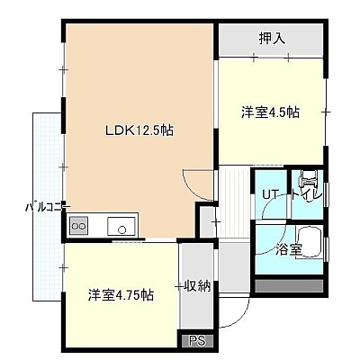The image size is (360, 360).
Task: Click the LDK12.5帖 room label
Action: tap(139, 130)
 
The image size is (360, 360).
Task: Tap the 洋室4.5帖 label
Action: tap(270, 112)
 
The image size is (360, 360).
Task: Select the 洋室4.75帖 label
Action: tap(121, 295)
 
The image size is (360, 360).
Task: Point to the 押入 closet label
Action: tap(272, 39)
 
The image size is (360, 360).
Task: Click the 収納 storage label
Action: tap(197, 286)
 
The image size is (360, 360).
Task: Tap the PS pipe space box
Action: tap(198, 341)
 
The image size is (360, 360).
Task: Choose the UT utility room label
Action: tap(270, 195)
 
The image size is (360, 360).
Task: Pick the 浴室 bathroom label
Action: tap(289, 250)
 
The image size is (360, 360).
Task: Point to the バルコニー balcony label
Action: tap(48, 207)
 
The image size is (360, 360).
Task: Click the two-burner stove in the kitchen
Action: tap(79, 226)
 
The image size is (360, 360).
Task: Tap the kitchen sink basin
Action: tap(121, 226)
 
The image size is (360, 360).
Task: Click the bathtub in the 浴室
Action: tap(309, 242)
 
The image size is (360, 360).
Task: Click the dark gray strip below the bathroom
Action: tap(289, 285)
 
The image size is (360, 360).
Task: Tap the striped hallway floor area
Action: tap(234, 202)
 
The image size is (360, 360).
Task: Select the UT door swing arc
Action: tap(272, 207)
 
